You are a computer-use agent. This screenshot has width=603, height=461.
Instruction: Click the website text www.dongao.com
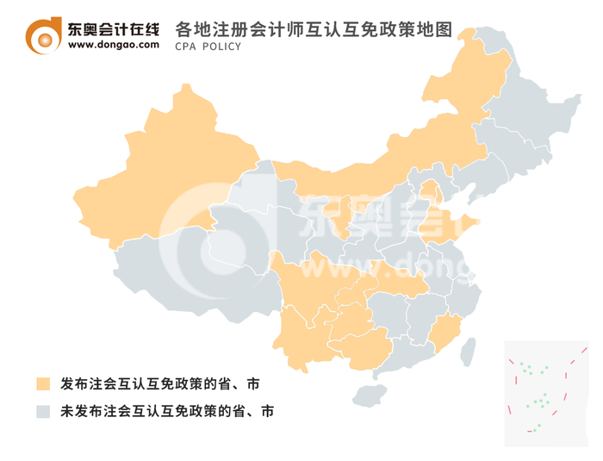(x=113, y=46)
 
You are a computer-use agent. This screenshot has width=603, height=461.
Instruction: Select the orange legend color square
(x=43, y=383)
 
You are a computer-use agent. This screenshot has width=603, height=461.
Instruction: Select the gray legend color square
(x=43, y=411)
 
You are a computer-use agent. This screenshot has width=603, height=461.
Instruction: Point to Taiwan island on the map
(x=469, y=350)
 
